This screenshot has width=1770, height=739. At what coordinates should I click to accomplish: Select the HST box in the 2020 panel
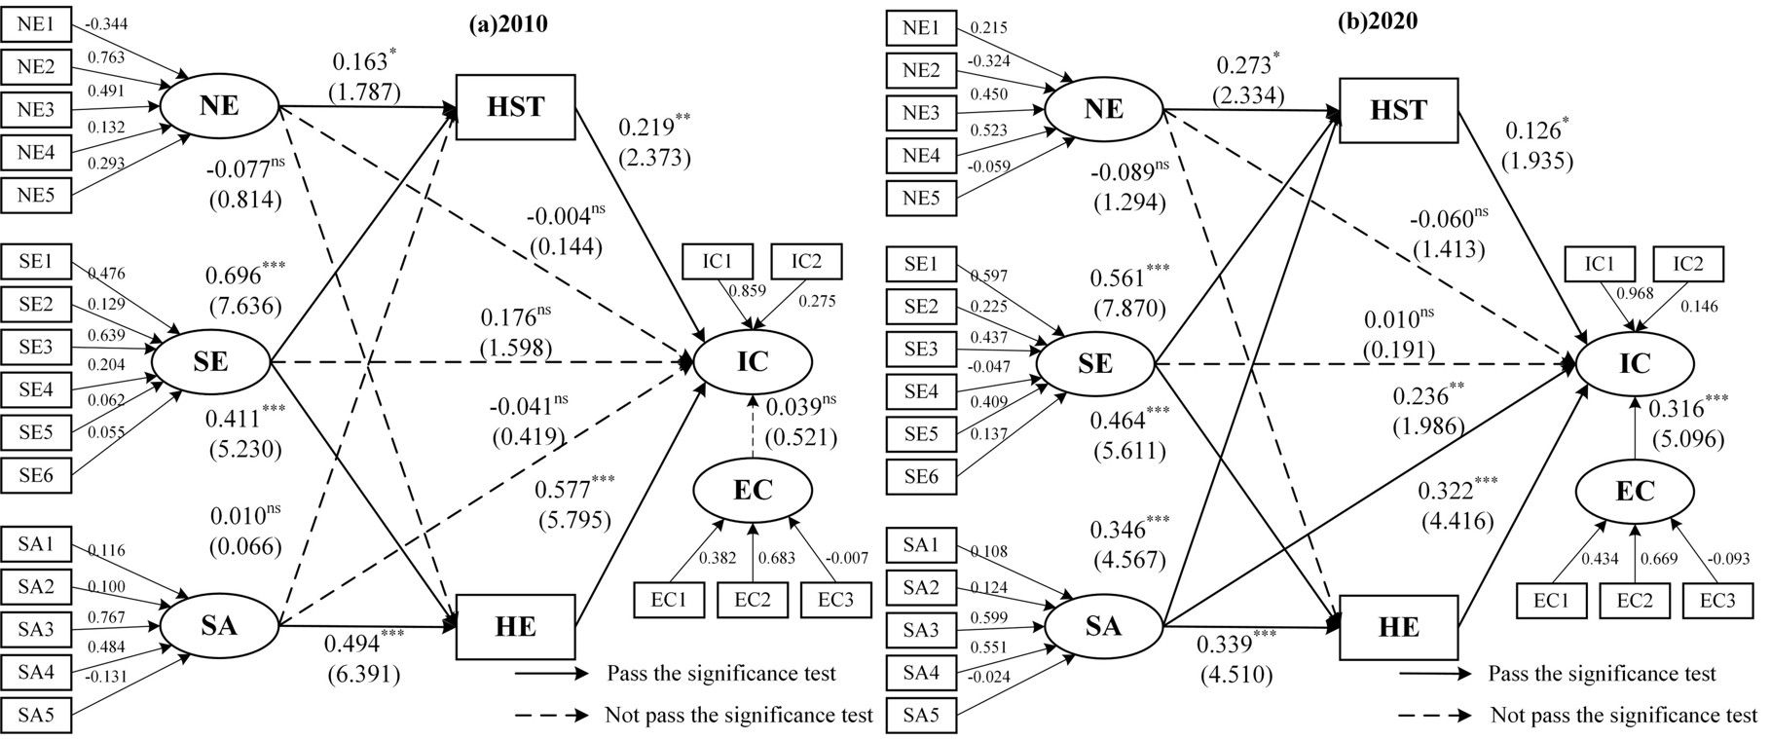(x=1399, y=109)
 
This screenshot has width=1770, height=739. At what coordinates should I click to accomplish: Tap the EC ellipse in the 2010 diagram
(x=753, y=490)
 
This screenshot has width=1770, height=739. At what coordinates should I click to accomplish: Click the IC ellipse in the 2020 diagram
(x=1635, y=363)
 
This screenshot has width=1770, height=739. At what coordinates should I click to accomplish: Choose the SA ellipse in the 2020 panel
(x=1103, y=624)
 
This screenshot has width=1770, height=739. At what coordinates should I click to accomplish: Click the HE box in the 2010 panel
(x=515, y=626)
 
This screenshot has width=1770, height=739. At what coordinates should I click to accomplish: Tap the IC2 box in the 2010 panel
(x=806, y=262)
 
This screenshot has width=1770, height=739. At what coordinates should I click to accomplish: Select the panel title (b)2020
(x=1376, y=21)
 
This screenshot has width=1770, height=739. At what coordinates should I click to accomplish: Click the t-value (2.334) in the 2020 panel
(x=1248, y=96)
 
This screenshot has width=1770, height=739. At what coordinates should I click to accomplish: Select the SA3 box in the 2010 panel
(x=36, y=628)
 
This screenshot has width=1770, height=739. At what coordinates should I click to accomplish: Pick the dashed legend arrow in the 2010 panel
(x=551, y=715)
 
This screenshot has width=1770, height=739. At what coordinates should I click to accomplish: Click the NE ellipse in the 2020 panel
(x=1103, y=108)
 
